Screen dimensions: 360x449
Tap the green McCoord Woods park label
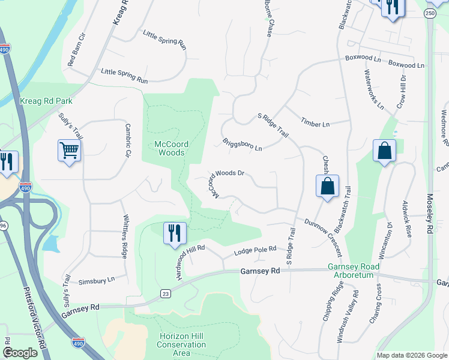[169, 148]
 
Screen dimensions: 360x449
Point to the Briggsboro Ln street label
[243, 145]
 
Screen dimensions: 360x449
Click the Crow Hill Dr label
[400, 92]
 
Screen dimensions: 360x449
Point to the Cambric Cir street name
[127, 141]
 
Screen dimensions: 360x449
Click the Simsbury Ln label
[97, 280]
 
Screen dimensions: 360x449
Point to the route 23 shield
[165, 293]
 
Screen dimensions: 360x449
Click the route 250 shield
[429, 13]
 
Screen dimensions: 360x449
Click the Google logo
[20, 353]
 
